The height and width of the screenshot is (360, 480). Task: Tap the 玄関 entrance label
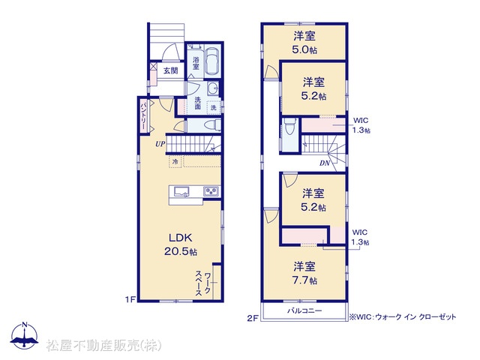pyautogui.click(x=170, y=70)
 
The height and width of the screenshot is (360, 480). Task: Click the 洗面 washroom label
pyautogui.click(x=198, y=103)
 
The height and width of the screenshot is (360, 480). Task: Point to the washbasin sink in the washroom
pyautogui.click(x=212, y=89)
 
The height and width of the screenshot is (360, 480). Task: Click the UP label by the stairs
pyautogui.click(x=160, y=144)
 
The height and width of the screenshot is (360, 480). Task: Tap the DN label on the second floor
pyautogui.click(x=325, y=163)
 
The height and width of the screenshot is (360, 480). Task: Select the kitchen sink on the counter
pyautogui.click(x=181, y=192)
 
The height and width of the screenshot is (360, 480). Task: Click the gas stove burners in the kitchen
pyautogui.click(x=211, y=192)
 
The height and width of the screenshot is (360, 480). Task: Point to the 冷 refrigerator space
pyautogui.click(x=175, y=162)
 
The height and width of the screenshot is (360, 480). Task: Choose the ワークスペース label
pyautogui.click(x=203, y=283)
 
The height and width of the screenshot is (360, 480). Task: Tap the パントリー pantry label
pyautogui.click(x=143, y=116)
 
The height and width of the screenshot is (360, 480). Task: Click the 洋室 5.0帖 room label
pyautogui.click(x=304, y=43)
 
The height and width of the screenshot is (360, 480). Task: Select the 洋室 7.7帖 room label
pyautogui.click(x=304, y=273)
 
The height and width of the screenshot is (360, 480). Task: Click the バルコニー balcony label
pyautogui.click(x=304, y=311)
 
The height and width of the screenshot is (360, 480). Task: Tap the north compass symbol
pyautogui.click(x=25, y=335)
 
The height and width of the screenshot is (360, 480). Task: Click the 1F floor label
pyautogui.click(x=130, y=299)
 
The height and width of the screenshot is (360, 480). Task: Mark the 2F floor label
pyautogui.click(x=252, y=319)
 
